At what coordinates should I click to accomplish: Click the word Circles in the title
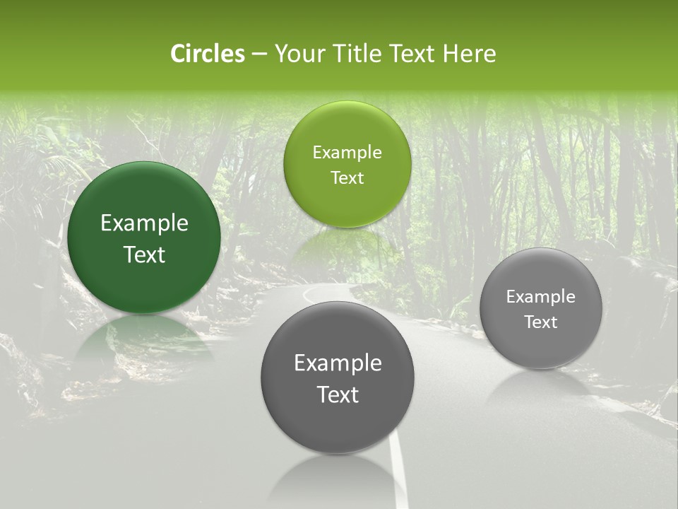point(207,54)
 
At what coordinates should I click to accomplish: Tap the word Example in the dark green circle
point(144,223)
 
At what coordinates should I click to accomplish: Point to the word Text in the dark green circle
point(144,255)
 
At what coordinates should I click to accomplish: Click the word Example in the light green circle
point(347,153)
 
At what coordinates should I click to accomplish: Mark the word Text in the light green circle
point(347,177)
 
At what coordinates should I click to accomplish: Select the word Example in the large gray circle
point(338,363)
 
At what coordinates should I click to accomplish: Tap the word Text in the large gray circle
point(338,394)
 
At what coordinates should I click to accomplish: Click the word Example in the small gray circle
point(540,297)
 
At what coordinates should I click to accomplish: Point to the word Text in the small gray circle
point(540,322)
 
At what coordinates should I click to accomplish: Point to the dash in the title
point(258,54)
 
